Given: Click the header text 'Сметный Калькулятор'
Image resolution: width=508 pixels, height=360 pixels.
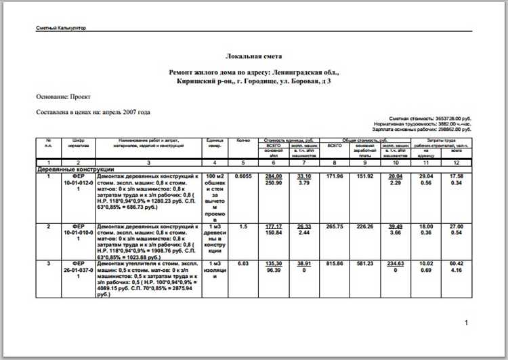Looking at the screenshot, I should [61, 28].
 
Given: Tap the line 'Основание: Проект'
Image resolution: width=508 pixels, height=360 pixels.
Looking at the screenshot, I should [64, 97].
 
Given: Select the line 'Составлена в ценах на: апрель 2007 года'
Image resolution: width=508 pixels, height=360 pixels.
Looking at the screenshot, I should [93, 112].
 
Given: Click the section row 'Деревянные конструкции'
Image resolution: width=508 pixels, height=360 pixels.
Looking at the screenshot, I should [75, 169].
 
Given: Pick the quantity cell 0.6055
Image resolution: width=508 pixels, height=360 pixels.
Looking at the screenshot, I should [244, 176].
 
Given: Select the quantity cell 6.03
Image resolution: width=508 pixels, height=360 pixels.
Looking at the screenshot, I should [244, 264].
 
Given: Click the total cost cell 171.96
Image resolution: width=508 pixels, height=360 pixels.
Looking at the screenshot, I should [335, 176].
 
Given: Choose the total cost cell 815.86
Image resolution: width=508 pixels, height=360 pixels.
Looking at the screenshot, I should [335, 264].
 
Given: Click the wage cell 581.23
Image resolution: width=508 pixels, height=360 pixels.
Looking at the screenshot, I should [364, 264].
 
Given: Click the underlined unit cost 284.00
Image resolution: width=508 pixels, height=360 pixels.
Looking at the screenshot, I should [274, 176].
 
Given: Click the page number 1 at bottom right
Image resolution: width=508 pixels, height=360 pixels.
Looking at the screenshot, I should [466, 323].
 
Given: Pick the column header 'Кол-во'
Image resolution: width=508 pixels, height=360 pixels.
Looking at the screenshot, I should [244, 140].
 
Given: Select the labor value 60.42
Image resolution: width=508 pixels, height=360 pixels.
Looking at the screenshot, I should [457, 264].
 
